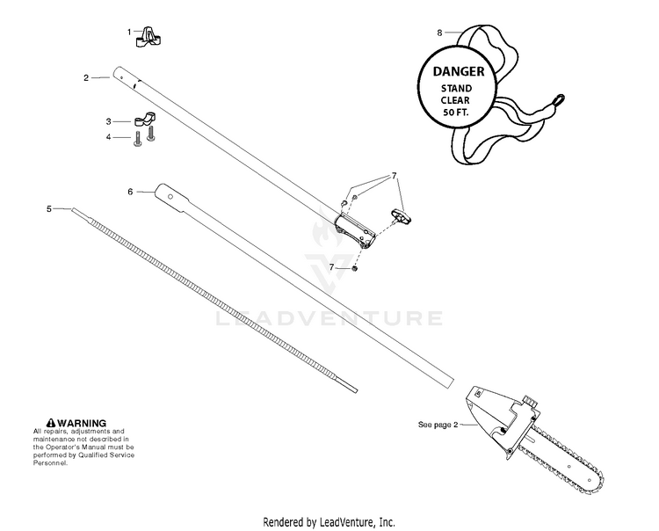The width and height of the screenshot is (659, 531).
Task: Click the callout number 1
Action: pyautogui.click(x=129, y=32)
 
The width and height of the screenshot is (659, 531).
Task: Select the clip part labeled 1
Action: pyautogui.click(x=148, y=37)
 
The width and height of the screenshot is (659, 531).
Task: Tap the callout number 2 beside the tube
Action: pyautogui.click(x=86, y=77)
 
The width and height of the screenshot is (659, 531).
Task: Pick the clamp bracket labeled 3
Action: pyautogui.click(x=144, y=120)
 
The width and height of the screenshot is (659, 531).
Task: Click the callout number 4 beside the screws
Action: pyautogui.click(x=108, y=137)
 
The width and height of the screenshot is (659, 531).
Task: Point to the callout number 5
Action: pyautogui.click(x=49, y=208)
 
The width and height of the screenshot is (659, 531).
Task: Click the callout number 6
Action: pyautogui.click(x=130, y=192)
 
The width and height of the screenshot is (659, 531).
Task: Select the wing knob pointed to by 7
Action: pyautogui.click(x=402, y=216)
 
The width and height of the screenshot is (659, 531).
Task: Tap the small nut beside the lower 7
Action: pyautogui.click(x=354, y=268)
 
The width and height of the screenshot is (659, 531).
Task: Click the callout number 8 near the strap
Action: pyautogui.click(x=439, y=33)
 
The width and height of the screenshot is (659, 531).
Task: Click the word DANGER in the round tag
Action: pyautogui.click(x=459, y=71)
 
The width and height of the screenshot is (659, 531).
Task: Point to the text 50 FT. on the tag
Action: pyautogui.click(x=456, y=113)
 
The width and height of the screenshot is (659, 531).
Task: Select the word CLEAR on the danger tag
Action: pyautogui.click(x=455, y=100)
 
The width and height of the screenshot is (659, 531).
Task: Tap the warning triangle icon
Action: pyautogui.click(x=51, y=423)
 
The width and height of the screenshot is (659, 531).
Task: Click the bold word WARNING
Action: pyautogui.click(x=82, y=423)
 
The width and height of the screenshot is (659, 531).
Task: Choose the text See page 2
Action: pyautogui.click(x=438, y=425)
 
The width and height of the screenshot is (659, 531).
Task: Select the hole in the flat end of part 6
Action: pyautogui.click(x=170, y=196)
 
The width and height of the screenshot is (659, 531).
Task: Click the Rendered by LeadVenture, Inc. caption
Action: pyautogui.click(x=329, y=522)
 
